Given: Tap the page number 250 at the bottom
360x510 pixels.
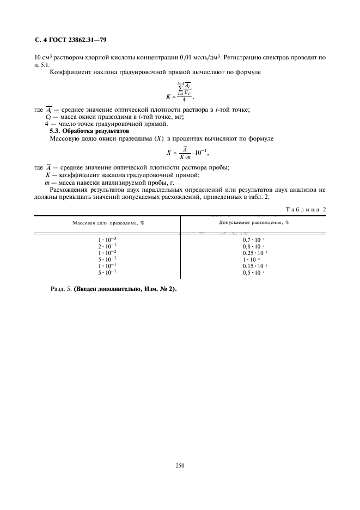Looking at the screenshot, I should point(180,465).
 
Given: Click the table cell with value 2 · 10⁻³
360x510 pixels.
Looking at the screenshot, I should point(107,246).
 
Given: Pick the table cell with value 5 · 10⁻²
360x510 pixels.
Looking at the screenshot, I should point(107,259).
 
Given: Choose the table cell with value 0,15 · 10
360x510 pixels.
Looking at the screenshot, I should point(254,265).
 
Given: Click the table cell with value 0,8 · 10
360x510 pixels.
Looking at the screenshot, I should point(253,246).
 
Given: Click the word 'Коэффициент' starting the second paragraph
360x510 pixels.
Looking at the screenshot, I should point(69,72).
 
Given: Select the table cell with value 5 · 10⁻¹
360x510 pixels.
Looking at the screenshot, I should point(107,272).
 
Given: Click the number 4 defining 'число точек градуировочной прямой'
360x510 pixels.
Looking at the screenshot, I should point(47,124).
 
